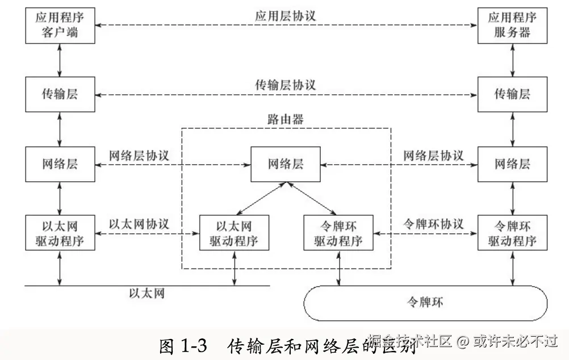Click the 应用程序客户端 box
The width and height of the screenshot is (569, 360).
pos(59,26)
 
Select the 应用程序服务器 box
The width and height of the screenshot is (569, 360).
pos(512,26)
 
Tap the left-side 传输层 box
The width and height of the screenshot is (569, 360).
pos(59,94)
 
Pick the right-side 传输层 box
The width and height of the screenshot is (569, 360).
pos(512,94)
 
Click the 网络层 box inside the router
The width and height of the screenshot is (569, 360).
pos(285,164)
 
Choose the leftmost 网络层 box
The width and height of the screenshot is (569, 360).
pos(59,164)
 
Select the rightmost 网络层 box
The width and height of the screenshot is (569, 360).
pos(512,164)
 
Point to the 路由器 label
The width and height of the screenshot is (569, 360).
pos(285,120)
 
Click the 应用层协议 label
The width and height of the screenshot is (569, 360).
pos(285,16)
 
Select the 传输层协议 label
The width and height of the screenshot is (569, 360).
pos(285,85)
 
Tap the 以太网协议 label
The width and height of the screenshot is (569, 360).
pos(139,224)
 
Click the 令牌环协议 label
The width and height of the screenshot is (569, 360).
pos(433,224)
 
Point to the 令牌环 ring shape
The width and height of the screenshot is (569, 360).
pos(425,303)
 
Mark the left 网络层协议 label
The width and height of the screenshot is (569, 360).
pos(139,156)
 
